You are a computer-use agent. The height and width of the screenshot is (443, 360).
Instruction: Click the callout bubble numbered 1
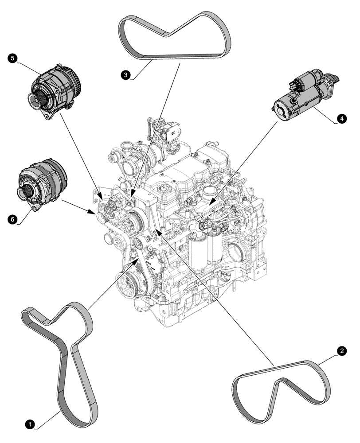point(30,424)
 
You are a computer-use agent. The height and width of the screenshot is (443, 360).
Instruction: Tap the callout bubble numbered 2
point(342,351)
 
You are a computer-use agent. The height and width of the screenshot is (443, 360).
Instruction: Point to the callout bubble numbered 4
point(340,118)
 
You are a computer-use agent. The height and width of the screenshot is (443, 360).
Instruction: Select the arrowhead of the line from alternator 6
point(93,212)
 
